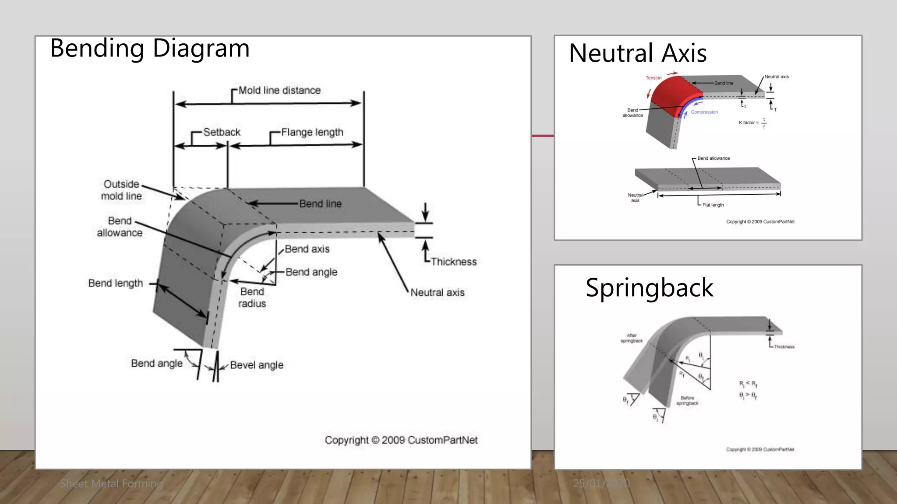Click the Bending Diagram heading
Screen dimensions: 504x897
(150, 49)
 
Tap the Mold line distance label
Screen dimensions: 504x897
(279, 91)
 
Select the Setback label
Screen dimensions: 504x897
(222, 132)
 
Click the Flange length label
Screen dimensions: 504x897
(312, 132)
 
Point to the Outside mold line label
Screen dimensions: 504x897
(121, 190)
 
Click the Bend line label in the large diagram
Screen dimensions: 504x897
(320, 204)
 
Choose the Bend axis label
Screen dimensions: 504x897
(307, 249)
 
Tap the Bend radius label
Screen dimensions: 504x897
(252, 297)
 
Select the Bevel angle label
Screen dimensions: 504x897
(257, 365)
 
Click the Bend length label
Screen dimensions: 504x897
(116, 283)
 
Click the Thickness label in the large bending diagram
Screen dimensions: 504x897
(453, 262)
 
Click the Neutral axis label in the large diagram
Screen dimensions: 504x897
(437, 292)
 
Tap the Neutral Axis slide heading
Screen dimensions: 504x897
(637, 53)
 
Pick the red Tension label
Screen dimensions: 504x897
(653, 78)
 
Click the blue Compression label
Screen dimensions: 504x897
(704, 112)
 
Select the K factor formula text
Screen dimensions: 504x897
(752, 123)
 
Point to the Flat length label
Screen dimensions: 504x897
(713, 205)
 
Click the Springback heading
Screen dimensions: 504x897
(649, 288)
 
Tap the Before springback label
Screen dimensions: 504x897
(687, 401)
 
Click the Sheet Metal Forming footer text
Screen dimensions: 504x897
(111, 483)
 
